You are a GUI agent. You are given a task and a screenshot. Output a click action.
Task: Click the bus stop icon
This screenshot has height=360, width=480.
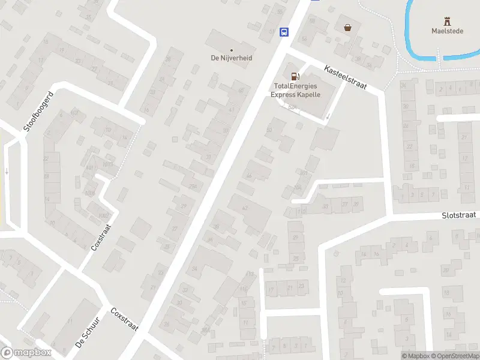[284, 32]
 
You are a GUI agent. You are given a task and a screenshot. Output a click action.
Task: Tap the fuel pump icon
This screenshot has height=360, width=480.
[295, 76]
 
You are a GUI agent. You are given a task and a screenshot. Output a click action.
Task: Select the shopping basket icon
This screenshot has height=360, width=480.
[347, 27]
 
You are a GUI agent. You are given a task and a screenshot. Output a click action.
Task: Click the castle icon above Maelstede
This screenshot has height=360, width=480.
[446, 20]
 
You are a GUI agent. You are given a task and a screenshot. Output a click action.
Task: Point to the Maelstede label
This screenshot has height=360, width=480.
[446, 31]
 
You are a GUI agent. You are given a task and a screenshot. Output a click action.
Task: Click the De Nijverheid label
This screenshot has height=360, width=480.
[231, 58]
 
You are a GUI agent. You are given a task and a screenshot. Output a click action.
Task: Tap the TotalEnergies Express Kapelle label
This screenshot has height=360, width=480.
[295, 91]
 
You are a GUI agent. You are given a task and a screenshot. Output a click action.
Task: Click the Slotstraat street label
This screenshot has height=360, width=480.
[460, 215]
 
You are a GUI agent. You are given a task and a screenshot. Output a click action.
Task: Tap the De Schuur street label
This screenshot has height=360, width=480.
[87, 332]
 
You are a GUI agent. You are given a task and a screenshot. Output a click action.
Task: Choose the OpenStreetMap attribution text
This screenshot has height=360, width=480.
[455, 356]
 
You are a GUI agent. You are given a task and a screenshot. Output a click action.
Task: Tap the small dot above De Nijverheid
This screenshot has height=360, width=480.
[231, 50]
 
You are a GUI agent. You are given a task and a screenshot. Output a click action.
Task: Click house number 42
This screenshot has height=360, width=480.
[244, 208]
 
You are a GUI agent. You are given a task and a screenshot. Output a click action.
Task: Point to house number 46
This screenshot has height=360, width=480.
[249, 175]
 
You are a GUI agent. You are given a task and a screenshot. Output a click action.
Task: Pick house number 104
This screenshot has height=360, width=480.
[298, 187]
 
